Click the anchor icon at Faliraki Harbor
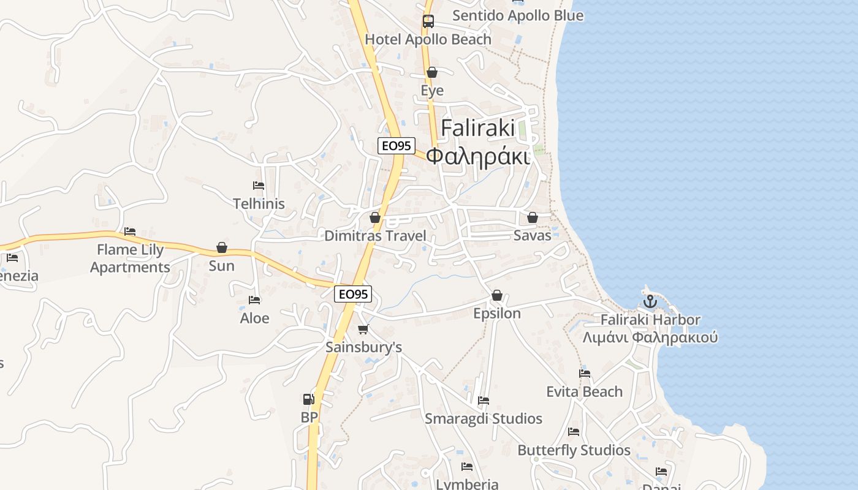coord(650,301)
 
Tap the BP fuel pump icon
coord(309,399)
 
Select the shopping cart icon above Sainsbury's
coord(363,330)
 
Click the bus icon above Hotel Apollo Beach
coord(428,21)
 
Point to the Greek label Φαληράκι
coord(477,156)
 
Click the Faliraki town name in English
coord(478,128)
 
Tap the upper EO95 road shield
coord(397,146)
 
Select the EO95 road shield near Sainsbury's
coord(354,294)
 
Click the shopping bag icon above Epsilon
coord(497,296)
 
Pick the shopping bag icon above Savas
coord(533,217)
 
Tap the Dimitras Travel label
coord(375,236)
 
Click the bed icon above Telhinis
coord(259,186)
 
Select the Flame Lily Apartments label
coord(130,258)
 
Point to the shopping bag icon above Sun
coord(222,247)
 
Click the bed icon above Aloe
coord(254,300)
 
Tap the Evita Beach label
coord(584,391)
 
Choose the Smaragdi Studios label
coord(484,419)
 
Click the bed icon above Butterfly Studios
coord(574,432)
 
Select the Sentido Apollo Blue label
coord(518,15)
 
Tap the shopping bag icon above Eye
coord(432,72)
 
